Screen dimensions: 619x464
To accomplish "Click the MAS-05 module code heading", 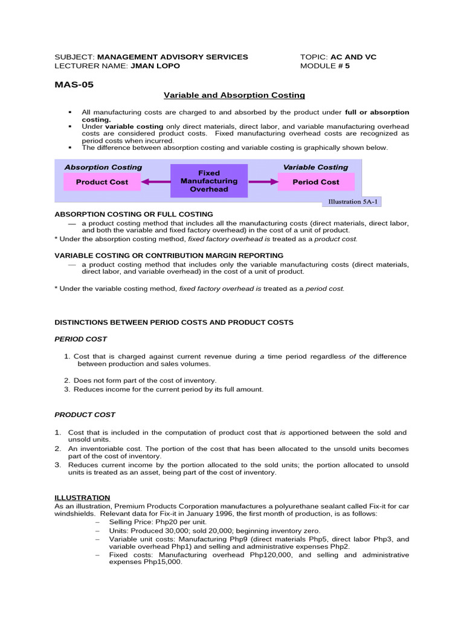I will click(74, 85).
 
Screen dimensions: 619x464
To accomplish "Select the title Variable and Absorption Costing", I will click(234, 96).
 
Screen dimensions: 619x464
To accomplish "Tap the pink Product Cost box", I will click(102, 182).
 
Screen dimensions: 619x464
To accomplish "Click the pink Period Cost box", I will click(315, 182).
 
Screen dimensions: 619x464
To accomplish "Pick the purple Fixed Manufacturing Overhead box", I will click(209, 181).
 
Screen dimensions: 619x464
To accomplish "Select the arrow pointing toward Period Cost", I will click(263, 181).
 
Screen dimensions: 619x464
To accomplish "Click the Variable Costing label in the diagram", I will click(315, 167).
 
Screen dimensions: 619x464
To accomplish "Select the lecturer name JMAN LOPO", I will click(155, 66).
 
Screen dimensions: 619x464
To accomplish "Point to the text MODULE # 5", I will click(325, 66).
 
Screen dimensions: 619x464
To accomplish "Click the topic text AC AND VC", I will click(353, 57).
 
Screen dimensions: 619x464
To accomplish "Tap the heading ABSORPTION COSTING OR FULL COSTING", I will click(134, 214).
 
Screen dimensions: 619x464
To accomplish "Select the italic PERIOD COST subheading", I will click(80, 339).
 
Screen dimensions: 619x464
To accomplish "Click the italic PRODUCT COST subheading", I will click(85, 415).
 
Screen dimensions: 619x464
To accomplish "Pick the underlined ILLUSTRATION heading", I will click(82, 497).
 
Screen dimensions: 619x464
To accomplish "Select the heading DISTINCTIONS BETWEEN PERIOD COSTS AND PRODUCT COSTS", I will click(174, 322).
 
